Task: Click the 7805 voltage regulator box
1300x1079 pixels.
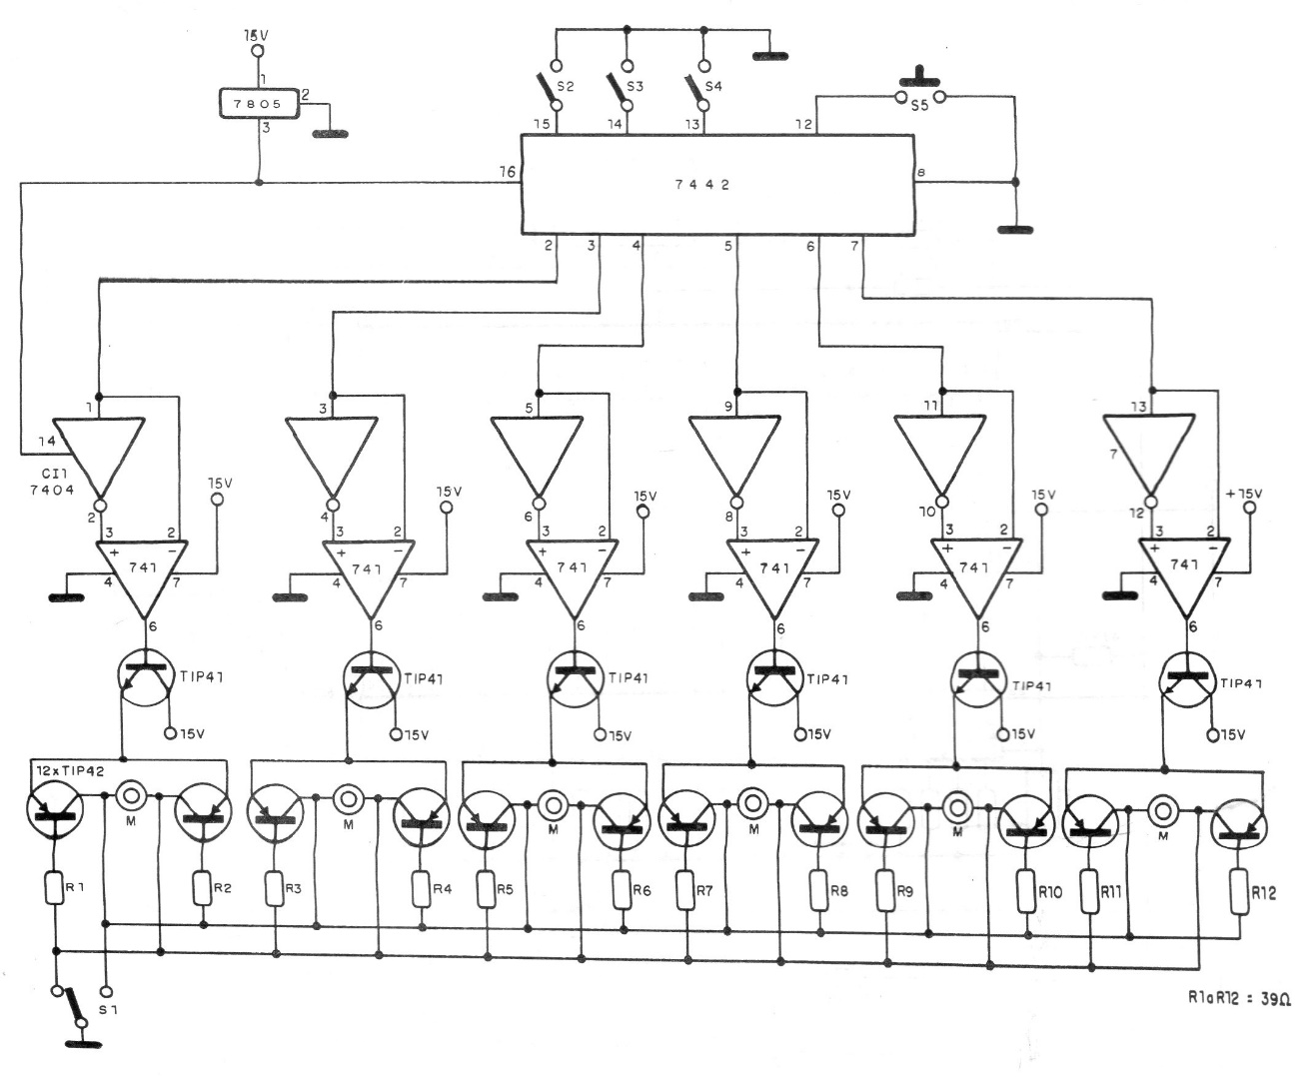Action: [260, 103]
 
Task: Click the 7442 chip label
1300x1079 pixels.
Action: [701, 185]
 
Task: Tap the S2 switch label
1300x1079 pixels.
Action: [566, 86]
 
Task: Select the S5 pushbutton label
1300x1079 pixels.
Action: [919, 106]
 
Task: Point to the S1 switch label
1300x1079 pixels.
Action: [108, 1009]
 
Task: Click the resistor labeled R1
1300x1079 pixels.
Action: [56, 887]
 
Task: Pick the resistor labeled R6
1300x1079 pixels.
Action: [622, 890]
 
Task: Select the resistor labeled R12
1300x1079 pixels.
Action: [1240, 892]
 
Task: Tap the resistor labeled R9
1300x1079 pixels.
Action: [886, 891]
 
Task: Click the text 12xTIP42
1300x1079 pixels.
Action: [71, 771]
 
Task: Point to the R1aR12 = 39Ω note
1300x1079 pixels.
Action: [1238, 1015]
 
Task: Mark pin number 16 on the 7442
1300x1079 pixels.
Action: [508, 171]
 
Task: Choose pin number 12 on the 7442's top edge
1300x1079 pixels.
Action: [803, 125]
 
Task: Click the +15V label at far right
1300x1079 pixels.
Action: [1243, 494]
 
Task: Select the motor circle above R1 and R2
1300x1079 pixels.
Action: [132, 795]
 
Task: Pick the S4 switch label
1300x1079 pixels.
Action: [713, 86]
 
